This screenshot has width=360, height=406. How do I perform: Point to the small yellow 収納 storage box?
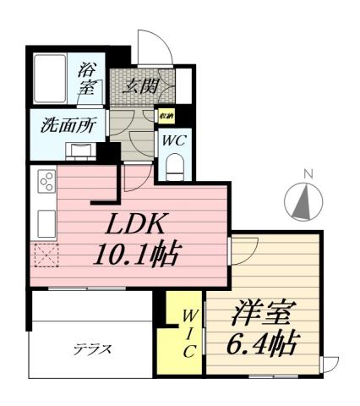[166, 116]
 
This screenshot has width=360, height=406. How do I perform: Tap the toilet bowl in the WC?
[174, 168]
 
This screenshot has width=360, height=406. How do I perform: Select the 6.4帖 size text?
[262, 344]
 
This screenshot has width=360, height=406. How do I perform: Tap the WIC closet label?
[188, 333]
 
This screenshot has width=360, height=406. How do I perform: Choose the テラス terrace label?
[92, 348]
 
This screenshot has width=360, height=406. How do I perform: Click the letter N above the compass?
[308, 175]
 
